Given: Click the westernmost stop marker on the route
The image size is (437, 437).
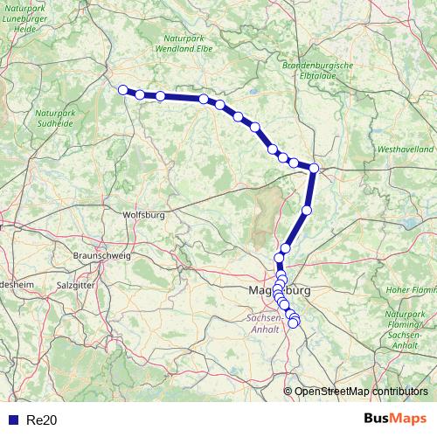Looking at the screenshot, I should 123,88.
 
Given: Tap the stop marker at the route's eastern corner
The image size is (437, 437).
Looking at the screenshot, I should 314,169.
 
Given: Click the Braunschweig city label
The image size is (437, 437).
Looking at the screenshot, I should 102,255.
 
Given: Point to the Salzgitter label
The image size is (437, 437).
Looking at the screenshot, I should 75,285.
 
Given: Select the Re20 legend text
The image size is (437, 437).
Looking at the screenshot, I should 42,420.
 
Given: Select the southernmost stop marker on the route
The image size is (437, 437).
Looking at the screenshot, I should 294,323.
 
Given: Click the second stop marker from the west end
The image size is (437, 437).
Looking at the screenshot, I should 140,94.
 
